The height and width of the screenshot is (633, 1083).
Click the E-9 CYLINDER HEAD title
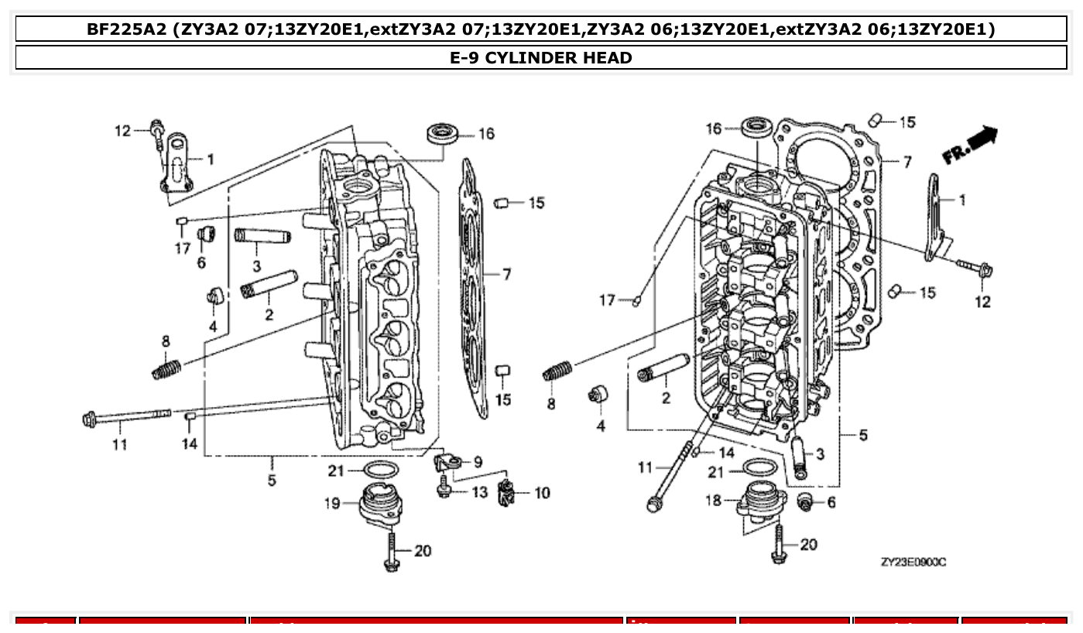coord(540,57)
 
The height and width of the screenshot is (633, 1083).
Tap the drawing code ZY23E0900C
coord(913,562)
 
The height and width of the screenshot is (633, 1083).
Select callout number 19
coord(332,504)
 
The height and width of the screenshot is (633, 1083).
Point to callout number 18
coord(712,501)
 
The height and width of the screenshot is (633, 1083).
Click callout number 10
coord(542,493)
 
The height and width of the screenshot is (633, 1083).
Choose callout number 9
coord(478,462)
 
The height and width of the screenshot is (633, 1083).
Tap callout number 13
coord(480,493)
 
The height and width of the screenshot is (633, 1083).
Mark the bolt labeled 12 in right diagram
coord(975,268)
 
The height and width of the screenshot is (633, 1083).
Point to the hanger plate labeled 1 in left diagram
coord(177,164)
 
